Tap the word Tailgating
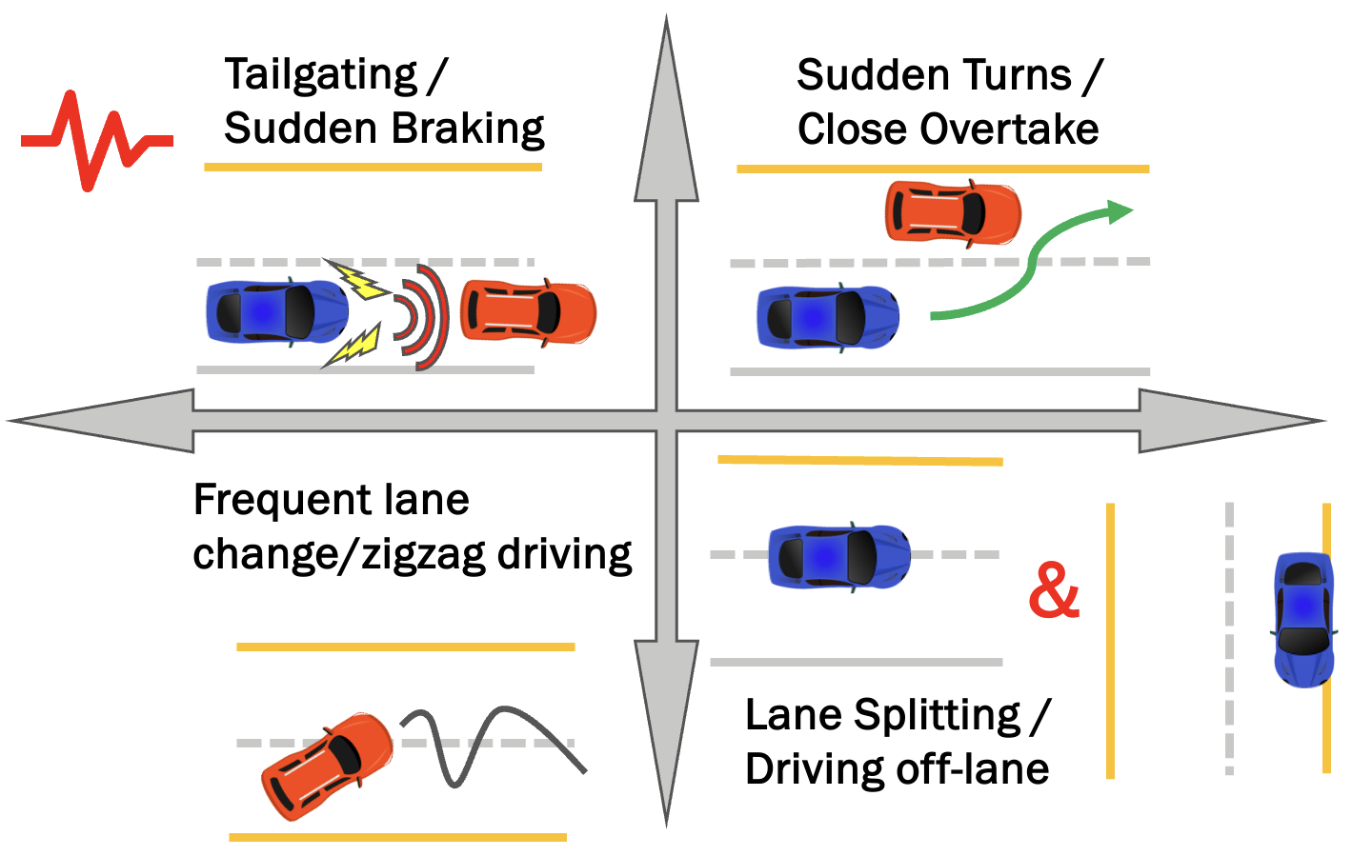tap(321, 75)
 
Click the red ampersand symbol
tap(1053, 590)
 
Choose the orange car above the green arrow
tap(952, 211)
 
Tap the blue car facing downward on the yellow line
tap(1303, 619)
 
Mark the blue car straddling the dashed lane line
tap(838, 556)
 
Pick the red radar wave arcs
tap(424, 316)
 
